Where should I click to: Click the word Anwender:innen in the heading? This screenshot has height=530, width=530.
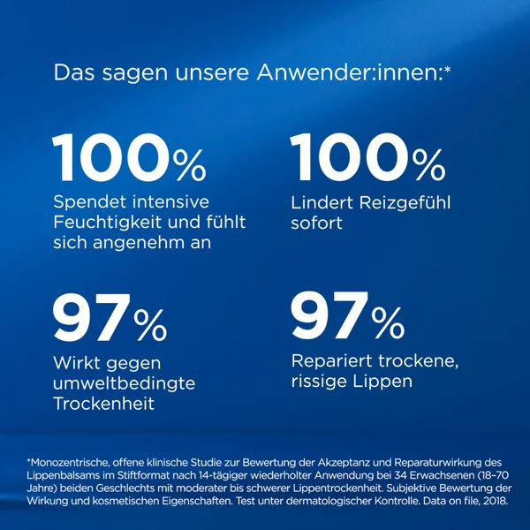[x=350, y=72]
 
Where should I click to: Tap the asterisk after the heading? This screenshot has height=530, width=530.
[x=448, y=70]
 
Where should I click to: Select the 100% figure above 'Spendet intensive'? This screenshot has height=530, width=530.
[x=129, y=157]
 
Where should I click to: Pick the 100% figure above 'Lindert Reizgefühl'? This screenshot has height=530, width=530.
[x=367, y=157]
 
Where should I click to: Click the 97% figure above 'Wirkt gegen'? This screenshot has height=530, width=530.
[x=110, y=318]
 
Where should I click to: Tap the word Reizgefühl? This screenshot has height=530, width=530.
[x=405, y=203]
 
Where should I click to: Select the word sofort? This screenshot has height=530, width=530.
[x=316, y=223]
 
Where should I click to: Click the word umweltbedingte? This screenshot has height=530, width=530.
[x=124, y=383]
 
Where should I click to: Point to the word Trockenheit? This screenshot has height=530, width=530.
[x=103, y=404]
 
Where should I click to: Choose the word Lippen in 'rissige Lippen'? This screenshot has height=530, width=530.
[x=382, y=382]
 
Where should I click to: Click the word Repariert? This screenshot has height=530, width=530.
[x=332, y=361]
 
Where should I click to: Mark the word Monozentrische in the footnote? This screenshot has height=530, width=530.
[x=69, y=462]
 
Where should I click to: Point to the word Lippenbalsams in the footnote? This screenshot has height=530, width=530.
[x=65, y=475]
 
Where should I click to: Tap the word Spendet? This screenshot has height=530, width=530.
[x=90, y=202]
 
